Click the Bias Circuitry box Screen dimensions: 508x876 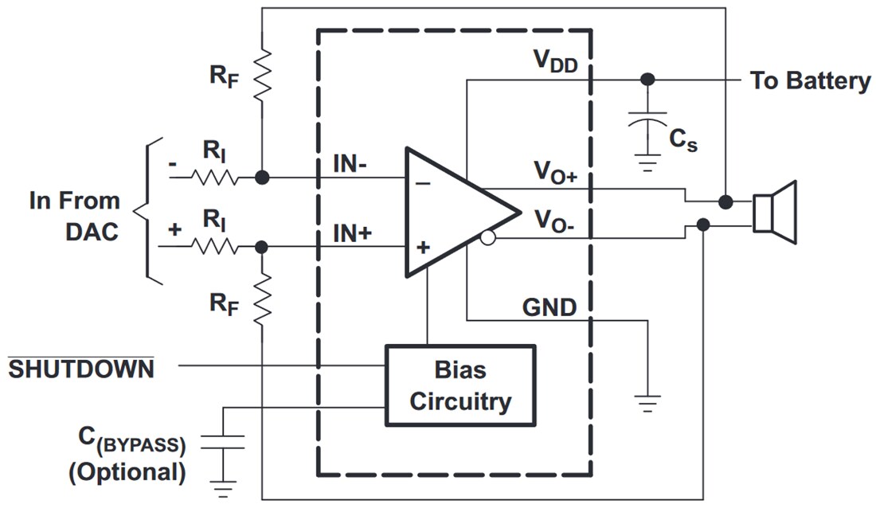pos(460,385)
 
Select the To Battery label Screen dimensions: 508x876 pos(810,81)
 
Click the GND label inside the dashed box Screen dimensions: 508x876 pos(549,307)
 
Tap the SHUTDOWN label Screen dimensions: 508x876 pos(81,369)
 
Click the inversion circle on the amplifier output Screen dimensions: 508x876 pos(488,237)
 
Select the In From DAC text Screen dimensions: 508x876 pos(75,215)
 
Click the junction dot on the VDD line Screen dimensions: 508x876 pos(647,80)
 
